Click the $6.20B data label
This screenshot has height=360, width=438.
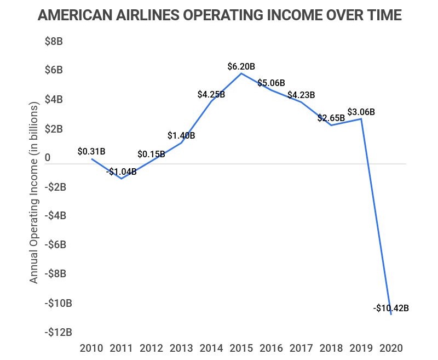(241, 66)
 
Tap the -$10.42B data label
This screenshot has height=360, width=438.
(391, 308)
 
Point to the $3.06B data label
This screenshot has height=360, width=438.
(361, 112)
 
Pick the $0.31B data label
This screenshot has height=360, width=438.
(91, 150)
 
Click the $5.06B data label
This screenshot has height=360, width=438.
(272, 83)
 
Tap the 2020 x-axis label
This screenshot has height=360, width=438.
(391, 348)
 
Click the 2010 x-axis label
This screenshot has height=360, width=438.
(91, 348)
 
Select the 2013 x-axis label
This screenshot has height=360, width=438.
(181, 348)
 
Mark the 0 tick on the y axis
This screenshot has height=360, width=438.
(48, 158)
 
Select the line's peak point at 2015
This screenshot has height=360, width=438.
(241, 73)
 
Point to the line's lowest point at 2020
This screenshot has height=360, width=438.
(391, 315)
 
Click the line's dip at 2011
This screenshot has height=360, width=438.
(121, 179)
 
